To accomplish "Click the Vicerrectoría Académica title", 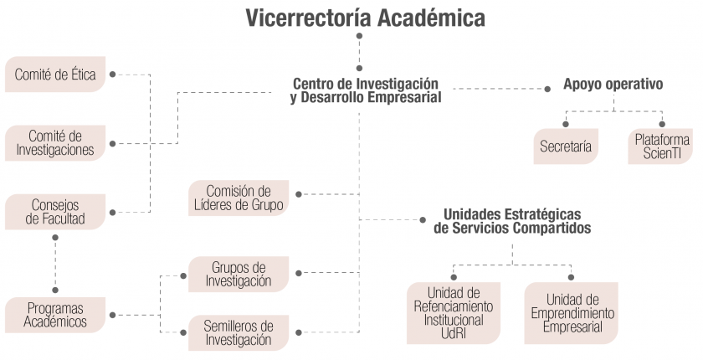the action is click(366, 18).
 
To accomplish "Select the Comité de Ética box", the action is click(55, 74).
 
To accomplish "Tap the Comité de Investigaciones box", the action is click(55, 143).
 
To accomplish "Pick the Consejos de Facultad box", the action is click(55, 212).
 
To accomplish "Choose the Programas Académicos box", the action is click(55, 315).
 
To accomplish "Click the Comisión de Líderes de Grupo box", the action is click(239, 198).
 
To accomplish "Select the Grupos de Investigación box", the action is click(239, 275).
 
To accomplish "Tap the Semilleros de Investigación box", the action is click(239, 332).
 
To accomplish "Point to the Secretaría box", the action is click(566, 147).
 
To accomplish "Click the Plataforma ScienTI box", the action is click(660, 147).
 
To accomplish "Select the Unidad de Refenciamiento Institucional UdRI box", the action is click(454, 313).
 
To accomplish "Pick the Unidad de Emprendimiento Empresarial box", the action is click(571, 313).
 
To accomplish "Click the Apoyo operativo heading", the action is click(613, 84).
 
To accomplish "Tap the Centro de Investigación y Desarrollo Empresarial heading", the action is click(366, 90).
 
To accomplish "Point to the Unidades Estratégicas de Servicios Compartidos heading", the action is click(512, 221).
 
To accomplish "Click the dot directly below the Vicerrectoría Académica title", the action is click(359, 36).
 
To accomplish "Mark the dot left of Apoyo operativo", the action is click(547, 89).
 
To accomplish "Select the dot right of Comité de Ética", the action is click(112, 75).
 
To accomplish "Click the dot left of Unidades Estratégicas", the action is click(423, 219).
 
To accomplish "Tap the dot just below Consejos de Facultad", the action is click(55, 238).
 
